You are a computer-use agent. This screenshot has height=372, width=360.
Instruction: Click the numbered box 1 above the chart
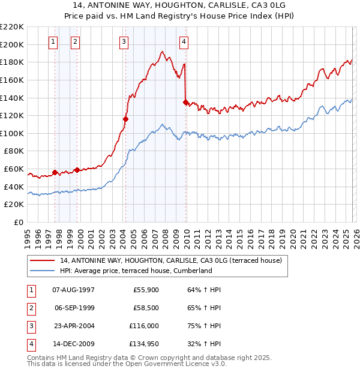[53, 41]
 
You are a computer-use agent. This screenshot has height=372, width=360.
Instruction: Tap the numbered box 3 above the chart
[123, 41]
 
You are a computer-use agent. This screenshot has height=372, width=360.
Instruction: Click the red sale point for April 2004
[125, 119]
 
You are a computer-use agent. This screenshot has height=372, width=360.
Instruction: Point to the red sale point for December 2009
[186, 102]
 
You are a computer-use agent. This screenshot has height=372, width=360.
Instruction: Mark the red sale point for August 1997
[55, 172]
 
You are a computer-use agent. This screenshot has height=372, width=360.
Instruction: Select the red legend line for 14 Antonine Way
[43, 260]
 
